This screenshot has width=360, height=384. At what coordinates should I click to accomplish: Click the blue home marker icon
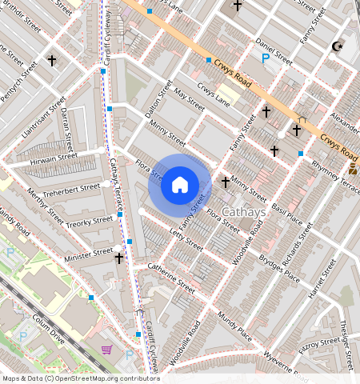[180, 186]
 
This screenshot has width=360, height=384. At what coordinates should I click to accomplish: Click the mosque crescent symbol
[338, 47]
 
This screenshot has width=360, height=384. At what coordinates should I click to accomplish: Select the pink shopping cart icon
[106, 350]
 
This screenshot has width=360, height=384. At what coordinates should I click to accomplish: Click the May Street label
[189, 99]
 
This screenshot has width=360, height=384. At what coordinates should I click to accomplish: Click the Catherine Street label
[171, 276]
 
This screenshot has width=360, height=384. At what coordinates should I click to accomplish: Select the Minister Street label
[90, 253]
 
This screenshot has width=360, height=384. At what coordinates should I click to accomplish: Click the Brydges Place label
[279, 269]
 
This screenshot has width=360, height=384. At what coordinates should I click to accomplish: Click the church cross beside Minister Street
[119, 258]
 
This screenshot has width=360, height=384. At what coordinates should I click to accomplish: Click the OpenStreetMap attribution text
[70, 378]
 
